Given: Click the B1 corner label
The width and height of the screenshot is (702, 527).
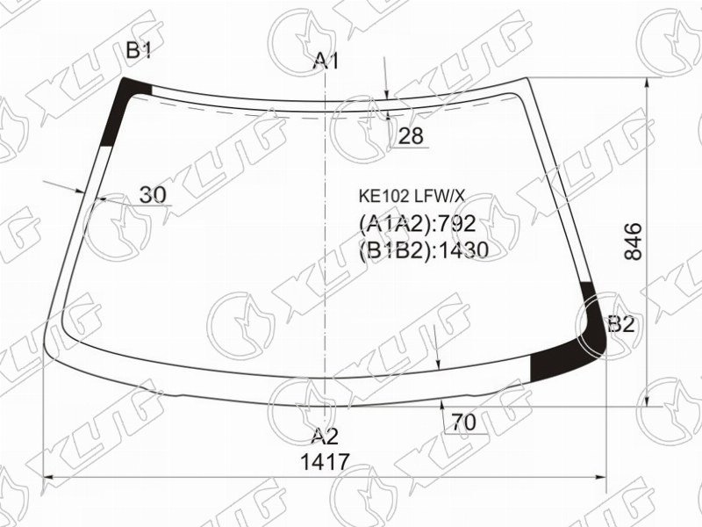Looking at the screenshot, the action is pyautogui.click(x=139, y=51).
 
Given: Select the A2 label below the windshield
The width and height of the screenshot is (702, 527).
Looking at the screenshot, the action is pyautogui.click(x=325, y=436).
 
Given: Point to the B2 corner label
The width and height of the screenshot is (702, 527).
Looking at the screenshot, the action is pyautogui.click(x=621, y=323).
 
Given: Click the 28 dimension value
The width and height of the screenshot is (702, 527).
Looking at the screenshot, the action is pyautogui.click(x=410, y=136).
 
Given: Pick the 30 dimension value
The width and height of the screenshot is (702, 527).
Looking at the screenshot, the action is pyautogui.click(x=153, y=194).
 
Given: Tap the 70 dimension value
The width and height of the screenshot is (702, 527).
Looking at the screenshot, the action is pyautogui.click(x=463, y=422).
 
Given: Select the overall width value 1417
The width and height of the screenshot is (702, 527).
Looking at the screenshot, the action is pyautogui.click(x=325, y=462).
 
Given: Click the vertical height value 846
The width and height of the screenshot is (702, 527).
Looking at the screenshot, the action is pyautogui.click(x=634, y=242).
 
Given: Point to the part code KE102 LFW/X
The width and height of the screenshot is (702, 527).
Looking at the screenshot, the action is pyautogui.click(x=412, y=196).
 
